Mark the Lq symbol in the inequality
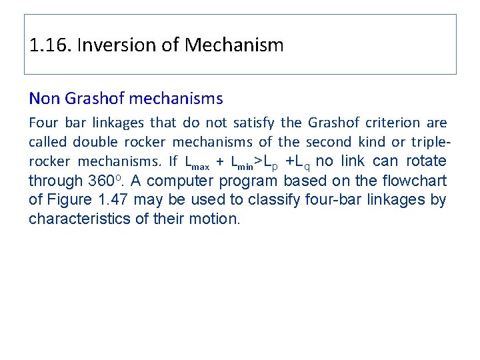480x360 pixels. pos(301,162)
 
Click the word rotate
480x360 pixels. pos(425,161)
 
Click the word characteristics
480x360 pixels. pos(76,218)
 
